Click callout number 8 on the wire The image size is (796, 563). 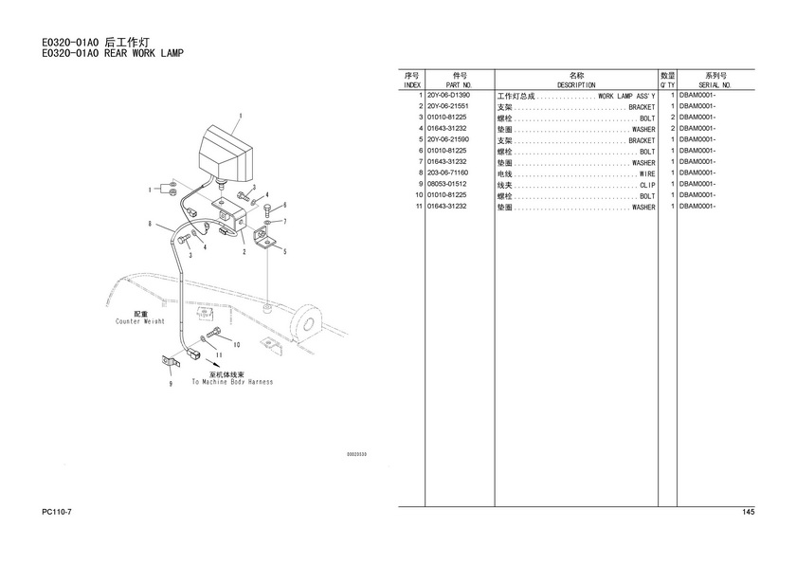pos(150,225)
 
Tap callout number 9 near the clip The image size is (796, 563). pos(171,385)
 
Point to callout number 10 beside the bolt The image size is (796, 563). pos(236,344)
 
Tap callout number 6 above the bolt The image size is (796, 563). pos(283,206)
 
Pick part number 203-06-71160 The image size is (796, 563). pos(448,173)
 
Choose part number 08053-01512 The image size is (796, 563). pos(448,185)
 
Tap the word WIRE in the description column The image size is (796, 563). pos(647,173)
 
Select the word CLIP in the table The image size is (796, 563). pos(647,185)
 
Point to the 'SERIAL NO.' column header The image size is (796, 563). pos(715,85)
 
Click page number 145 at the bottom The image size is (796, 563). pos(748,513)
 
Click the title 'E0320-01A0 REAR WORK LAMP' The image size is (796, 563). pos(112,53)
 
